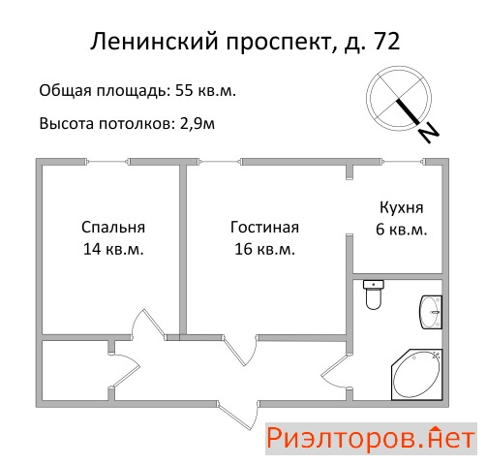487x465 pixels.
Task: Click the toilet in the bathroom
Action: [x=374, y=294]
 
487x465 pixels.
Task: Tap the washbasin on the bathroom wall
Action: [x=431, y=312]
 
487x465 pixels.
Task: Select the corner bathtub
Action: [x=416, y=375]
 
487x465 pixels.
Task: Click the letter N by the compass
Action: [x=429, y=133]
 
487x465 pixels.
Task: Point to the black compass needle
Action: [x=408, y=111]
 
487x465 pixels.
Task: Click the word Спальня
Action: [x=113, y=228]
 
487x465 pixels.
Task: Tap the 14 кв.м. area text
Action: [x=113, y=249]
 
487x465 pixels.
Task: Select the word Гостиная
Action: [x=264, y=228]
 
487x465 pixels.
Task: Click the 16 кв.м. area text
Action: [x=264, y=249]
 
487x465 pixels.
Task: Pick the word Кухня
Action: [x=402, y=207]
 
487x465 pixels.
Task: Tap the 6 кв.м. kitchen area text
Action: [x=402, y=230]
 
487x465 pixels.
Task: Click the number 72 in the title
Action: [x=387, y=42]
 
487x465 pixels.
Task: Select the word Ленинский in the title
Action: [x=154, y=42]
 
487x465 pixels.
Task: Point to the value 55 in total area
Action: [x=184, y=91]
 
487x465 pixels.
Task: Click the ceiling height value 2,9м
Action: [x=198, y=124]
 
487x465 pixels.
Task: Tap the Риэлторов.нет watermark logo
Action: [x=371, y=439]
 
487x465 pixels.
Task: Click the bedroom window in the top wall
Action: [x=108, y=162]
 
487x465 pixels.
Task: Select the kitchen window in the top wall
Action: [x=403, y=162]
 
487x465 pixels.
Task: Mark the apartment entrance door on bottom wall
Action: [x=238, y=415]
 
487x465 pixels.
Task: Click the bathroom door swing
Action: [x=336, y=372]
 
